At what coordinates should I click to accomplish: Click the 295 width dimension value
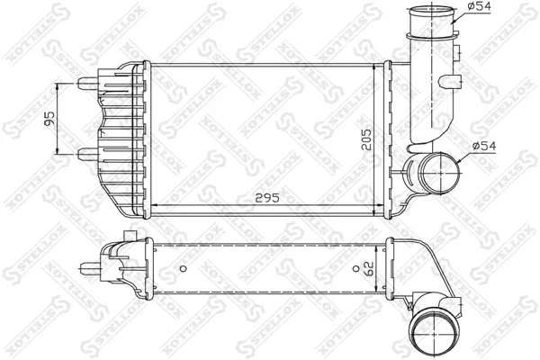click(x=267, y=198)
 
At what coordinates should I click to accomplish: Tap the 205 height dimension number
click(x=366, y=139)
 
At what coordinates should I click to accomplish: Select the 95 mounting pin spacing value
click(x=49, y=118)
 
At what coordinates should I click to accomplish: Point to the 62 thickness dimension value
click(x=369, y=268)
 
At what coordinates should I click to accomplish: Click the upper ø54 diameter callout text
click(x=480, y=6)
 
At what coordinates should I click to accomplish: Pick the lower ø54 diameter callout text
click(x=484, y=146)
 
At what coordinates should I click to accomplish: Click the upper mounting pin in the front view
click(x=89, y=84)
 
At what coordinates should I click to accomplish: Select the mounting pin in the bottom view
click(x=90, y=267)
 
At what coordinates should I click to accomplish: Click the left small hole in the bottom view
click(x=184, y=269)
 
